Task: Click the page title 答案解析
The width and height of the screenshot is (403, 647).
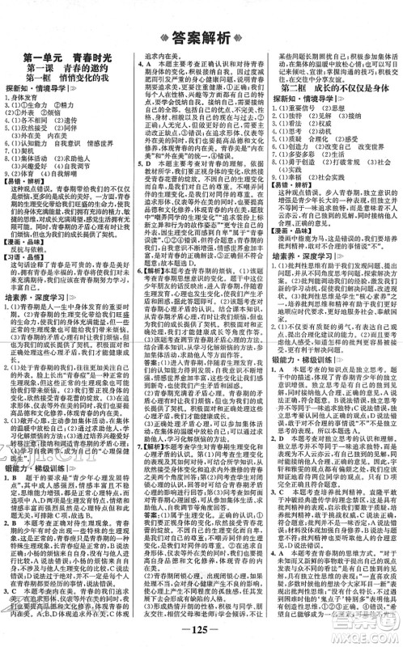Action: click(x=201, y=36)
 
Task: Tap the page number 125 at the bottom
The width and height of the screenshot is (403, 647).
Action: click(x=201, y=632)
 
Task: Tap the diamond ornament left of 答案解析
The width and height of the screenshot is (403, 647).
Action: click(x=163, y=36)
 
